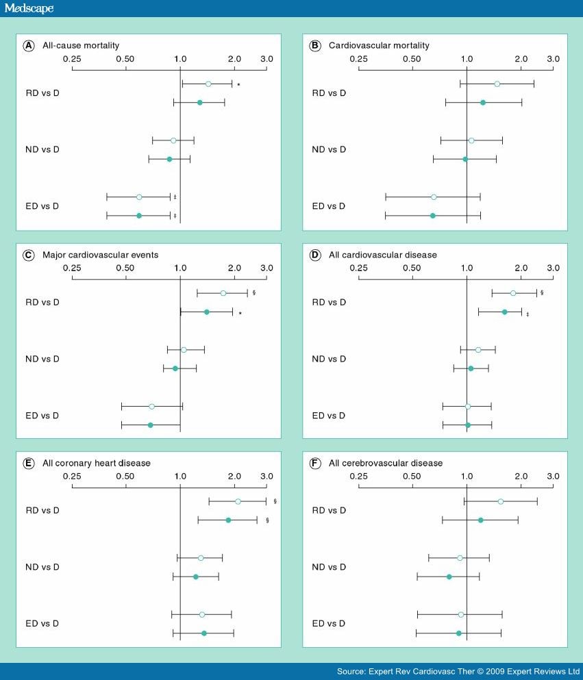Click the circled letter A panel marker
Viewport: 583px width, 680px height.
point(29,46)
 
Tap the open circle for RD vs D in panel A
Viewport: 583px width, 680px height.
point(208,84)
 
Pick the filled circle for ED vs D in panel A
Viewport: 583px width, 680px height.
point(139,216)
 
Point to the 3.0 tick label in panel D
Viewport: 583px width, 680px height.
point(552,268)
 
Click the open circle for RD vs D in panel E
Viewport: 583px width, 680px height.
point(238,501)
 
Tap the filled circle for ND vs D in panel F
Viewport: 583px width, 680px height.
point(449,577)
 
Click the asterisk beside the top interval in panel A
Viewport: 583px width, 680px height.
point(238,84)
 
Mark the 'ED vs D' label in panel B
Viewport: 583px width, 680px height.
point(328,206)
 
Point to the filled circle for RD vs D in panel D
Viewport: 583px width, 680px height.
point(505,312)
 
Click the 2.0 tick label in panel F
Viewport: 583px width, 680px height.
point(521,477)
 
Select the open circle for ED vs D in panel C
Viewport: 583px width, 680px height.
point(152,407)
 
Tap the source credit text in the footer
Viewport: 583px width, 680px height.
point(458,671)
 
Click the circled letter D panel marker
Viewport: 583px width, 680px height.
point(315,255)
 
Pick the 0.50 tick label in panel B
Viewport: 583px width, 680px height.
point(412,59)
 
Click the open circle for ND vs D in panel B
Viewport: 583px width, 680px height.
point(471,140)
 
